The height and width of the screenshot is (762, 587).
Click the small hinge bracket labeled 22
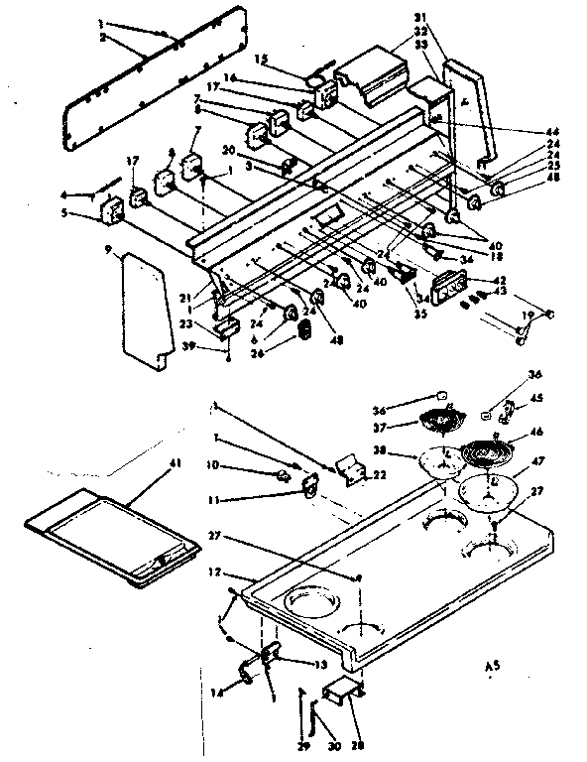[x=348, y=468]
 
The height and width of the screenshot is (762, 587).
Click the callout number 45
[x=536, y=399]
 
